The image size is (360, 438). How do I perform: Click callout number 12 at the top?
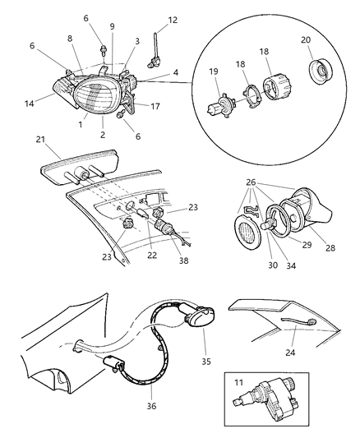[x=172, y=19]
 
